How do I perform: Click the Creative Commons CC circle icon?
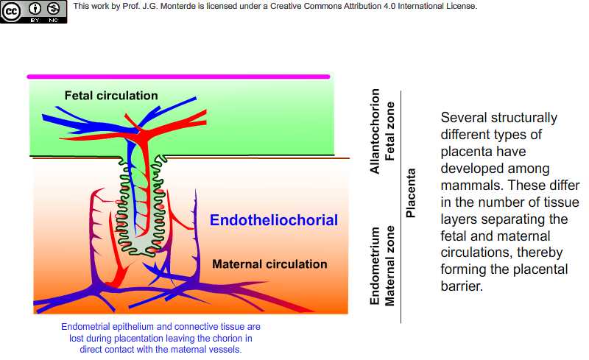click(11, 11)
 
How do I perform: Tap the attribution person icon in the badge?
click(35, 8)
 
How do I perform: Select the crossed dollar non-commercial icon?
click(53, 8)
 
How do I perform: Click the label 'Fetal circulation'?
click(111, 96)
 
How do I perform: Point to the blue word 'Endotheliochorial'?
click(274, 220)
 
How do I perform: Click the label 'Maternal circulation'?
click(269, 264)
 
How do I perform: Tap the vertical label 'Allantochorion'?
click(375, 131)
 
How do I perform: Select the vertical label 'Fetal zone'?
click(389, 131)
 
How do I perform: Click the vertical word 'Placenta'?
click(411, 193)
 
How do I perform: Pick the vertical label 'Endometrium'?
click(375, 266)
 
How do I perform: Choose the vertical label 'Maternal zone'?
click(389, 266)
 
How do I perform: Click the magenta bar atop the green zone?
click(178, 77)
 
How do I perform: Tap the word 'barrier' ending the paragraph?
click(461, 286)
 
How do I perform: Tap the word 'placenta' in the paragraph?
click(465, 152)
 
